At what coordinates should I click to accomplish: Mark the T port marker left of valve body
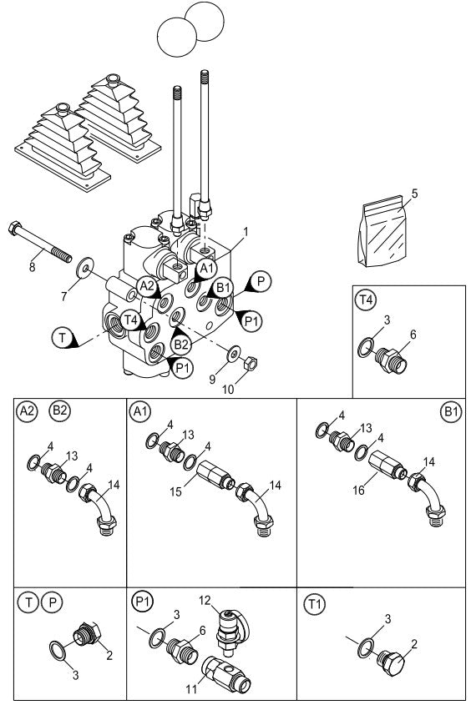pyautogui.click(x=62, y=337)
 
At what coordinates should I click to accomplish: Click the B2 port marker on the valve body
pyautogui.click(x=181, y=342)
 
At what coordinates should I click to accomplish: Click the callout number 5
pyautogui.click(x=415, y=193)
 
